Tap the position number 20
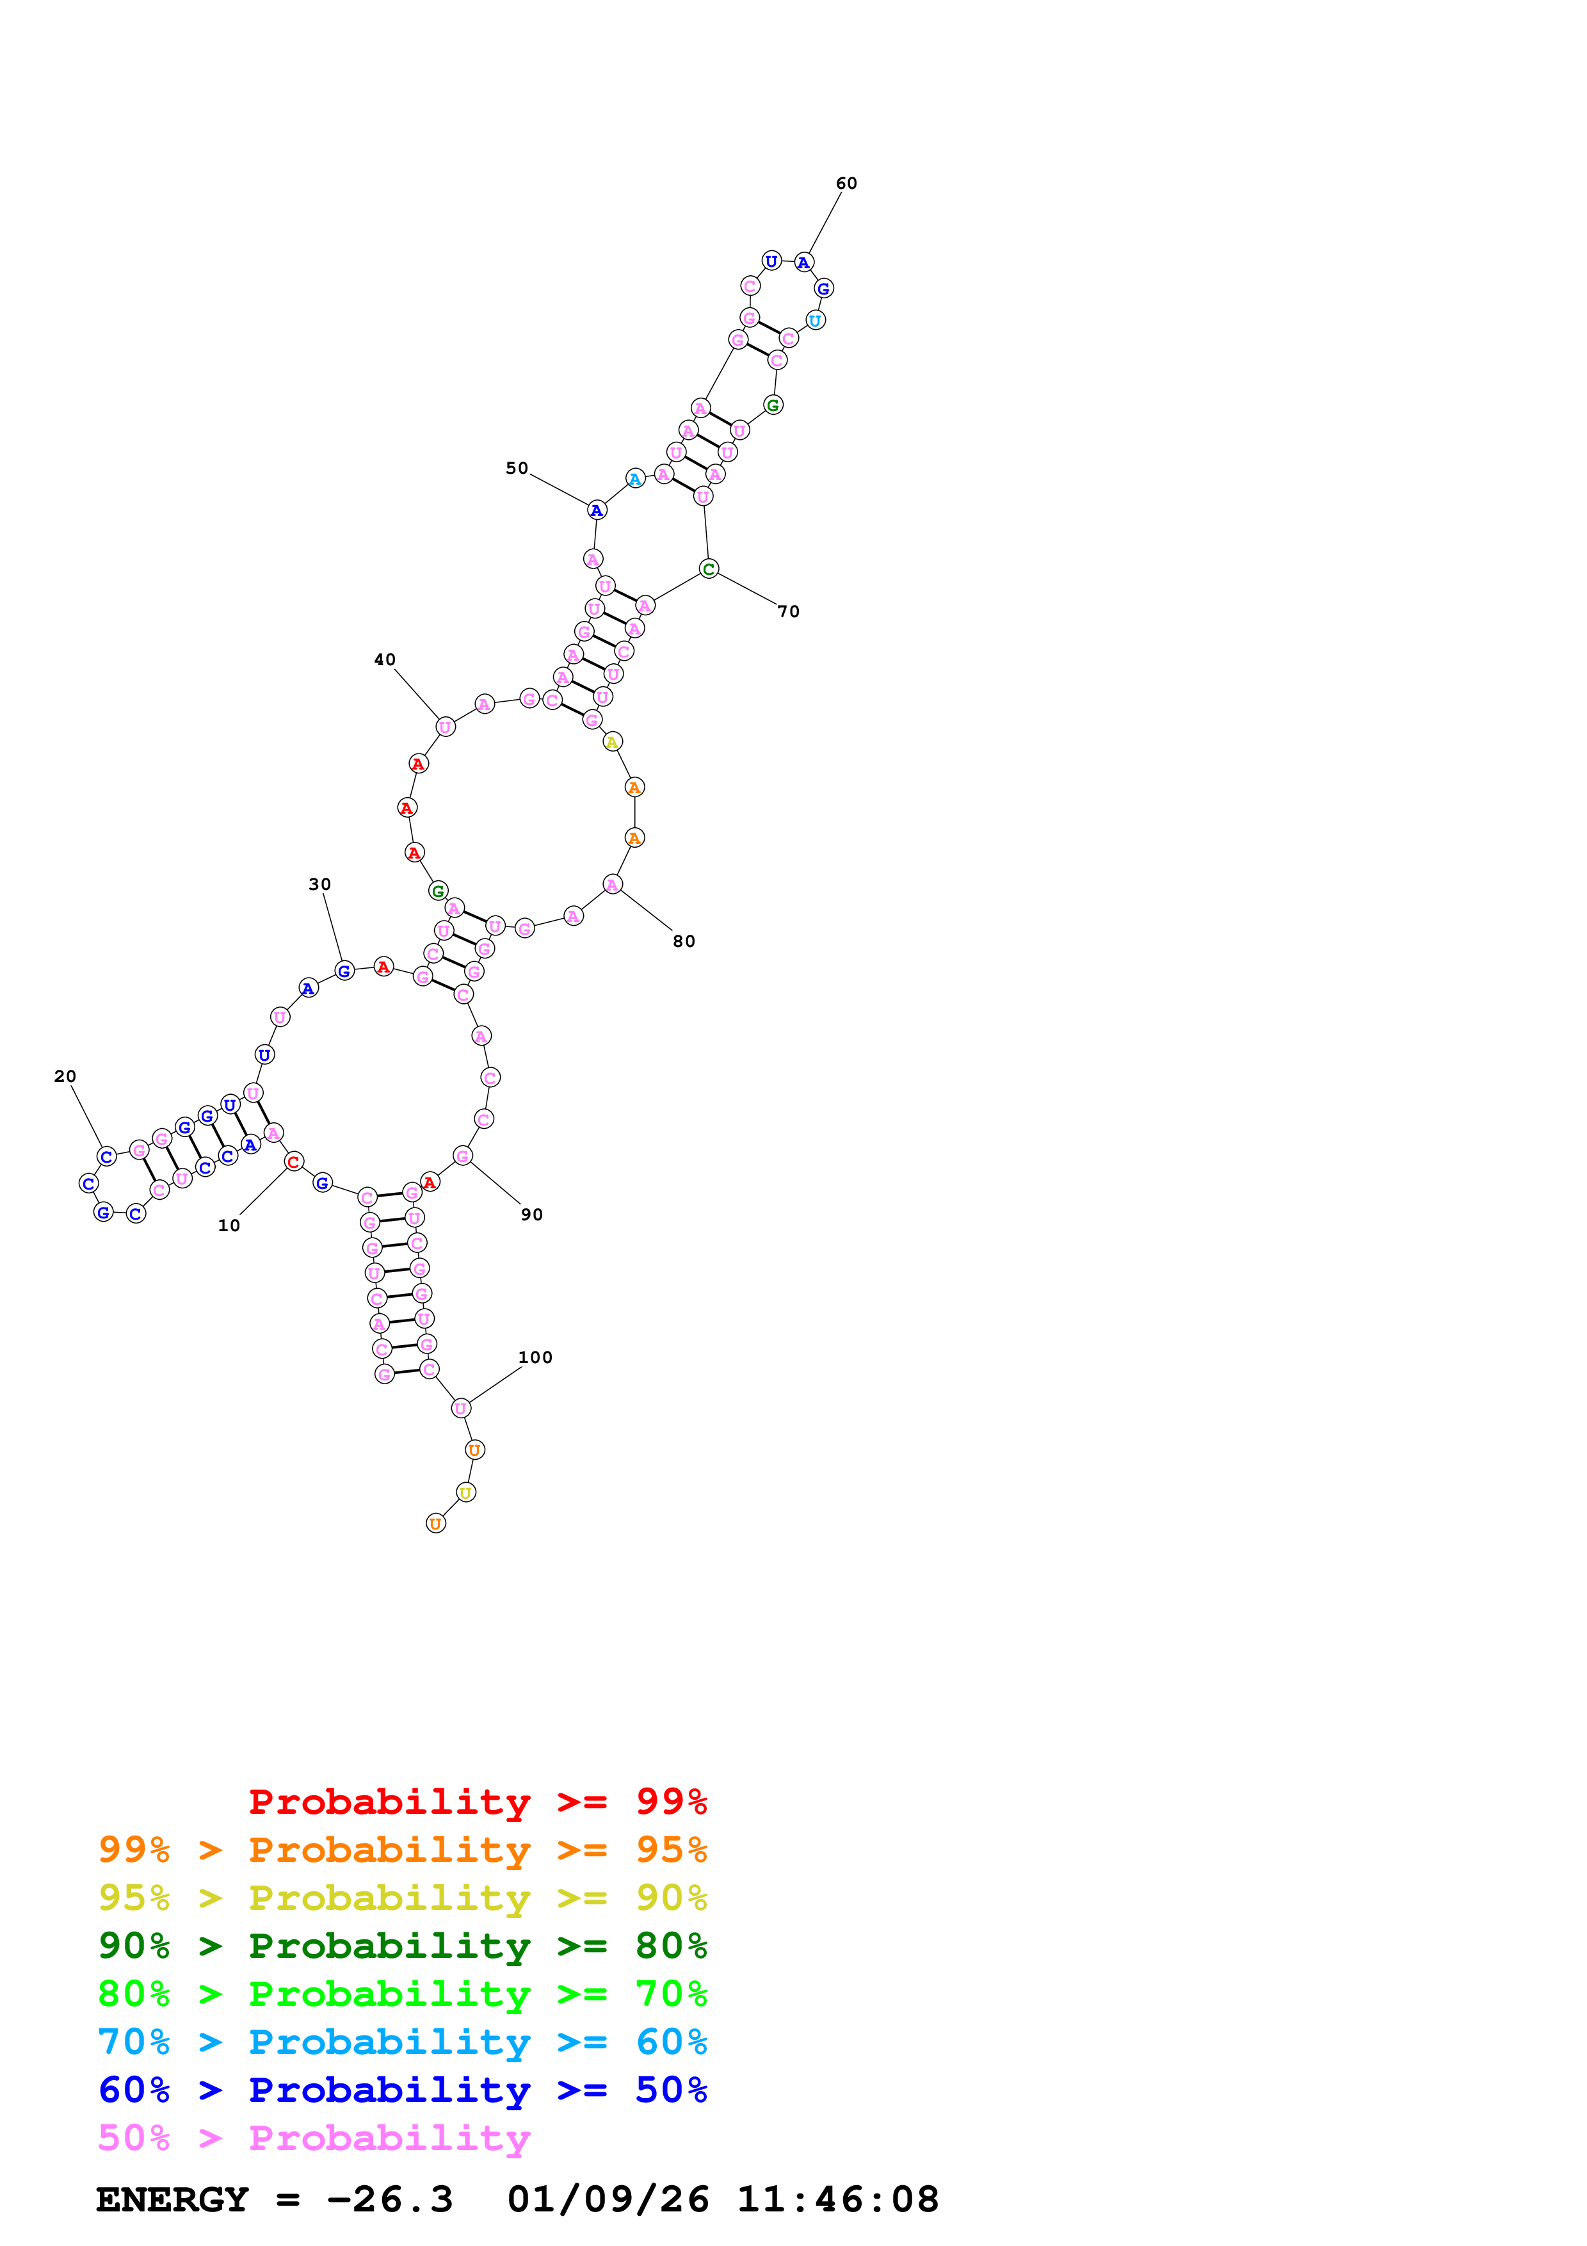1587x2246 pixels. click(65, 1076)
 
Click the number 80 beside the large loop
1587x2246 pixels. click(684, 941)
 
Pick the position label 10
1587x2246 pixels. click(229, 1225)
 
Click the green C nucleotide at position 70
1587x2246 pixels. click(709, 569)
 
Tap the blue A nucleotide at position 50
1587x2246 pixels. click(597, 511)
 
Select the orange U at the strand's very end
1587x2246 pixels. click(435, 1523)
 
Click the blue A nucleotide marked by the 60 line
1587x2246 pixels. click(803, 262)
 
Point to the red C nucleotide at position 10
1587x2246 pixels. click(293, 1161)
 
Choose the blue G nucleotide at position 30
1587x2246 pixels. click(343, 971)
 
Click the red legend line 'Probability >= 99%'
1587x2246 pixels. click(477, 1801)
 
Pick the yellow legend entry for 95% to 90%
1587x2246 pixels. click(402, 1897)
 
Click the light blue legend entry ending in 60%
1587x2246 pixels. click(402, 2042)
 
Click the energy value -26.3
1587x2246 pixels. click(389, 2200)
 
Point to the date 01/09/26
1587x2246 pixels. click(608, 2200)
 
